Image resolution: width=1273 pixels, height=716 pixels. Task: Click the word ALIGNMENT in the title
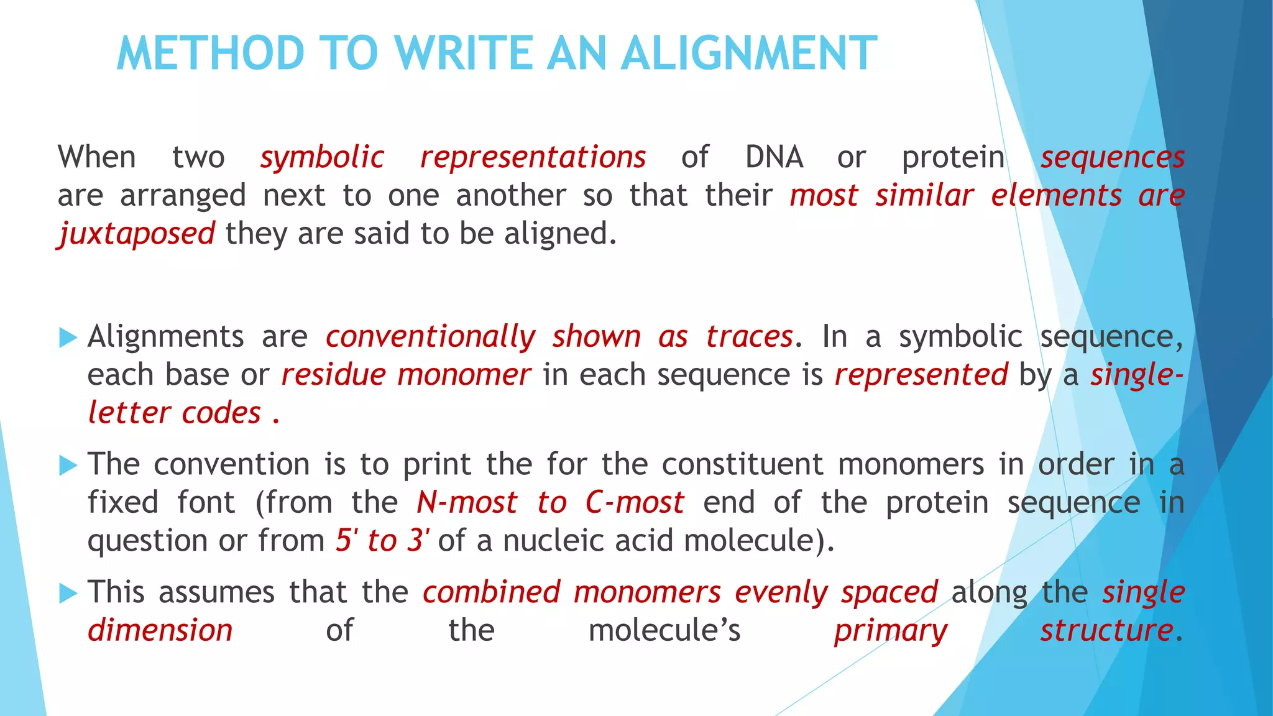point(749,53)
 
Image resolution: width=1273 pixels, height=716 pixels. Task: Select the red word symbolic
point(322,157)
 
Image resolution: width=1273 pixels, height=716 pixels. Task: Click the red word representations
point(533,157)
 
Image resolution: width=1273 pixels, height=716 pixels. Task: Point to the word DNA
point(774,157)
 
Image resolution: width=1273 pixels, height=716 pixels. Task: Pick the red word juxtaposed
point(137,234)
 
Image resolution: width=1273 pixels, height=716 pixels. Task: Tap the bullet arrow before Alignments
point(68,338)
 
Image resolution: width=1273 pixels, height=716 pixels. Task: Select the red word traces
point(749,337)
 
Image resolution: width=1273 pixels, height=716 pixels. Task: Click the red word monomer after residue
point(464,375)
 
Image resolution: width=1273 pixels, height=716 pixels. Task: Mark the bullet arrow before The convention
point(68,466)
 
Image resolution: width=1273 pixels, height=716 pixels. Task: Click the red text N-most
point(466,503)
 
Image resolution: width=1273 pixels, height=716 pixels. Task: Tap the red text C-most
point(634,503)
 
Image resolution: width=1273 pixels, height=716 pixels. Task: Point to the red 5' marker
point(347,540)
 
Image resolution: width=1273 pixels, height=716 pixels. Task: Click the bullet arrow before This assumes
point(68,594)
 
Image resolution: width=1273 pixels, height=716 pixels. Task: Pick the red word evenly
point(781,593)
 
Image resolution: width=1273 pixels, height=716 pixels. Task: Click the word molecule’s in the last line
point(664,631)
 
